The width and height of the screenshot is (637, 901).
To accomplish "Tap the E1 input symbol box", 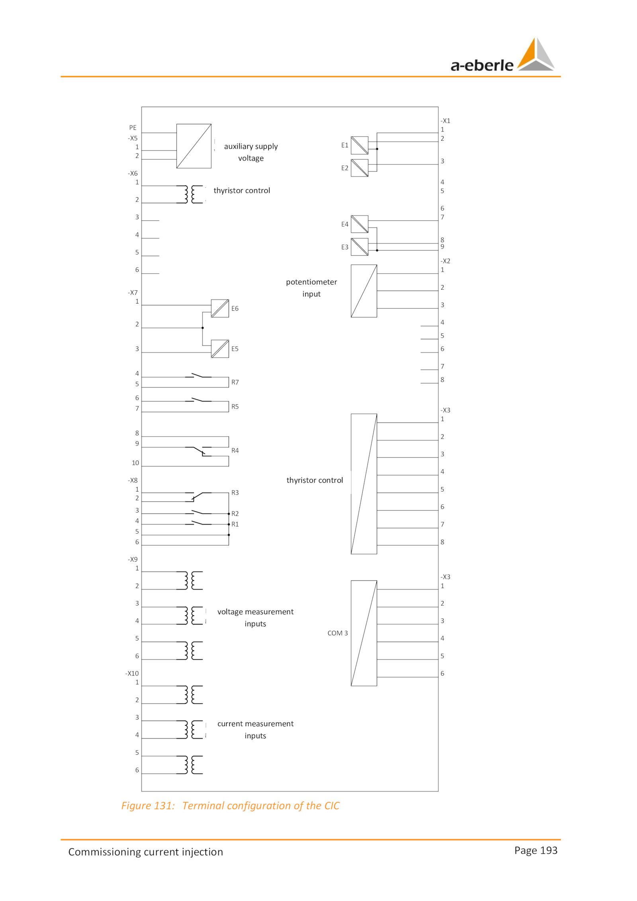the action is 360,145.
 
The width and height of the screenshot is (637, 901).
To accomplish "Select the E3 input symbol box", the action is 360,247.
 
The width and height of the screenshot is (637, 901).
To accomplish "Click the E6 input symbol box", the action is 220,308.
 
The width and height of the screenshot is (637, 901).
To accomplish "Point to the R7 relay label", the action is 235,382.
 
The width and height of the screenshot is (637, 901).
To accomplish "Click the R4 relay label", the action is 235,450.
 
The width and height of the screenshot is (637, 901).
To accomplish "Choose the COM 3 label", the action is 338,633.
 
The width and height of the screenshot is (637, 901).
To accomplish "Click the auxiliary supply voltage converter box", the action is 194,146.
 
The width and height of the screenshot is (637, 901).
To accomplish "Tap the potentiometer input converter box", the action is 364,291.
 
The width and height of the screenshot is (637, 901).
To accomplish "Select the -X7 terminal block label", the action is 133,292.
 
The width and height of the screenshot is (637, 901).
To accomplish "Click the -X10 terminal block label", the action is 132,673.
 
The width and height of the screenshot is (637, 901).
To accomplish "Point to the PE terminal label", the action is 133,127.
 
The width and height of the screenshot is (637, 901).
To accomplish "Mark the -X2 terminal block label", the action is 445,261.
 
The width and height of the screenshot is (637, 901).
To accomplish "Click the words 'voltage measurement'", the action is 255,611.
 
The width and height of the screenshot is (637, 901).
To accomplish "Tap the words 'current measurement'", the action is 255,723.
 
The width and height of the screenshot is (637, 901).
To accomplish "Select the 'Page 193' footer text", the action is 535,850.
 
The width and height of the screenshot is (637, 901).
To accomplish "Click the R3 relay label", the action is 235,493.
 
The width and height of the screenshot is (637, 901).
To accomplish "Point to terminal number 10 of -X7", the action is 135,463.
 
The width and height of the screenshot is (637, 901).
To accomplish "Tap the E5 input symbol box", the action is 220,349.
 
